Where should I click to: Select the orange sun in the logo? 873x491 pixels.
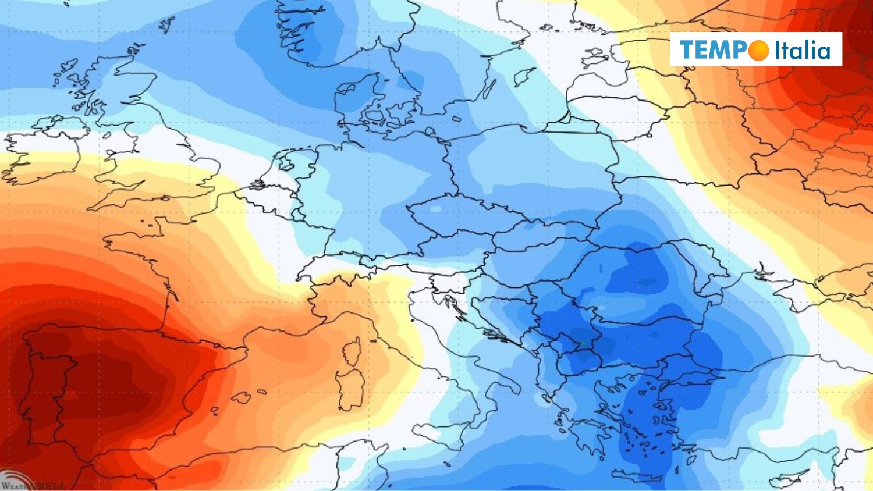759,51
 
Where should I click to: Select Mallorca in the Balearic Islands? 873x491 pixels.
241,399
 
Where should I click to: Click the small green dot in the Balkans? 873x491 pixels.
583,343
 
